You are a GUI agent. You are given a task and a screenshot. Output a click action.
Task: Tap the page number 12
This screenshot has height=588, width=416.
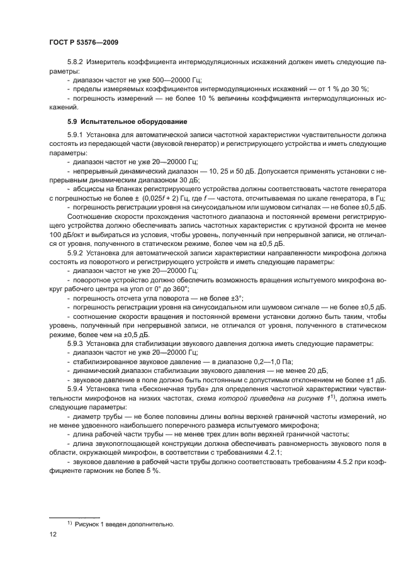[53, 533]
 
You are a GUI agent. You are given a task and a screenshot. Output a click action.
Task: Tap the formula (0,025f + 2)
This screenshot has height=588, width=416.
[157, 197]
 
